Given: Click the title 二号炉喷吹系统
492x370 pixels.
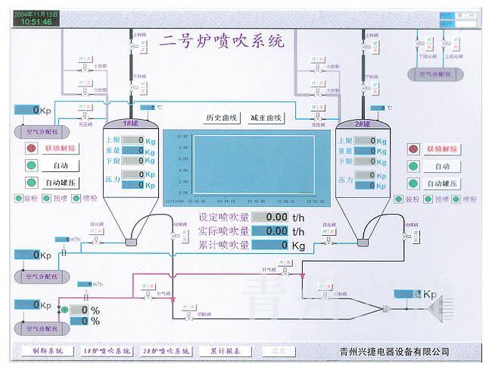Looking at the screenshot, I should [x=222, y=40].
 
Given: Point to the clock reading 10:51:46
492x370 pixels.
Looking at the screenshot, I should [x=36, y=22].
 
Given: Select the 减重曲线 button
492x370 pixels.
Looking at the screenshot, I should [x=266, y=118].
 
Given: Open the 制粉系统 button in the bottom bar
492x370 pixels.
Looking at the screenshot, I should [x=42, y=351].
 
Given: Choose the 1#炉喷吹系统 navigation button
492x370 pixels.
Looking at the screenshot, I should [x=106, y=351].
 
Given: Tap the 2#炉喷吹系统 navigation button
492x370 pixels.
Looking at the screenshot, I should [x=166, y=351].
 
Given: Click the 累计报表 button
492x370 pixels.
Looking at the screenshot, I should [x=225, y=351].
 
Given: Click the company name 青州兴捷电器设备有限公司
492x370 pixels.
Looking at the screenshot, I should [x=395, y=352].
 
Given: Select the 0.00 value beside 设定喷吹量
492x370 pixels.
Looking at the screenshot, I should [x=270, y=217].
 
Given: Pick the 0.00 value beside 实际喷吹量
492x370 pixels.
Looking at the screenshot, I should [x=270, y=230].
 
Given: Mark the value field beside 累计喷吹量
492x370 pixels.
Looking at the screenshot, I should [x=270, y=245].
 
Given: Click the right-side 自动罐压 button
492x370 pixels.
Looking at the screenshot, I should [x=444, y=183].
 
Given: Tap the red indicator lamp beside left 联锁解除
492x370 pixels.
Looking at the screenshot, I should [x=31, y=148].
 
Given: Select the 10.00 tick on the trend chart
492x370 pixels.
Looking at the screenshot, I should [x=182, y=136].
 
